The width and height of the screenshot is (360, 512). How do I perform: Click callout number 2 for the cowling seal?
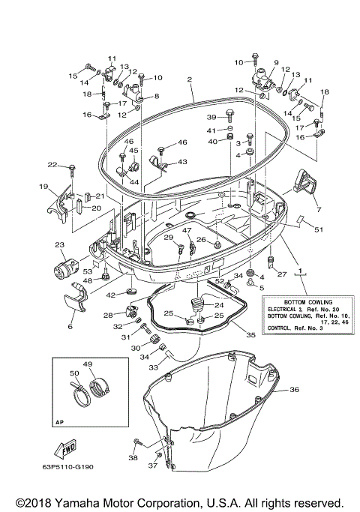pos(190,79)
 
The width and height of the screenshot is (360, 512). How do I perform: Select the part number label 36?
pos(294,389)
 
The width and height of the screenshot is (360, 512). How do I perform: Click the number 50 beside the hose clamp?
pos(73,373)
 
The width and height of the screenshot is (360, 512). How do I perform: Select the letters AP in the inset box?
pos(61,422)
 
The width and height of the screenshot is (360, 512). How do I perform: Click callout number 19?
pos(43,186)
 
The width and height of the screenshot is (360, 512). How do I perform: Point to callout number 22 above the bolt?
pos(52,164)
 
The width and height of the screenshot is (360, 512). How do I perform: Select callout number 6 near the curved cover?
pos(70,327)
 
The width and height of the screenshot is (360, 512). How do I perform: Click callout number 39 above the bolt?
pos(211,117)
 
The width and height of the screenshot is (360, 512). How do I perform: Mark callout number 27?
pos(282,274)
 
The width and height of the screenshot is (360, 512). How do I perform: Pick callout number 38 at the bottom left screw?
pos(133,457)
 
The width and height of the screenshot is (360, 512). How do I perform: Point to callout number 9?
pos(275,63)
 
